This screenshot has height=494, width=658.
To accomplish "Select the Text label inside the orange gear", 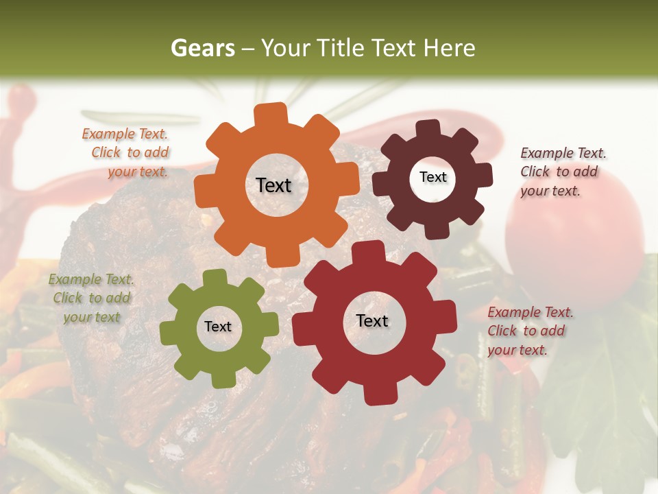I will coord(273,185).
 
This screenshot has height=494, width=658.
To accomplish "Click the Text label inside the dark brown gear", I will coord(432,177).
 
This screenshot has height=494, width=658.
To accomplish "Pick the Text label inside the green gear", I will coord(218,327).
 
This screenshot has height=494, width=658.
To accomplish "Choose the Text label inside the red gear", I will coord(372,320).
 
